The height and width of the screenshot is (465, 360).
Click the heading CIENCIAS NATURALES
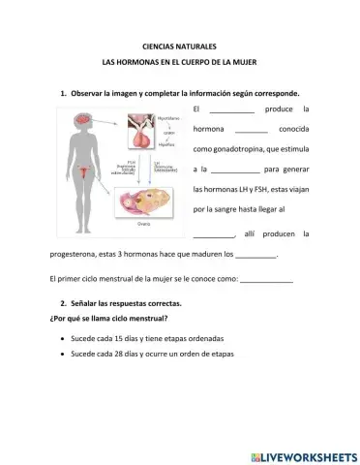[x=179, y=46]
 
